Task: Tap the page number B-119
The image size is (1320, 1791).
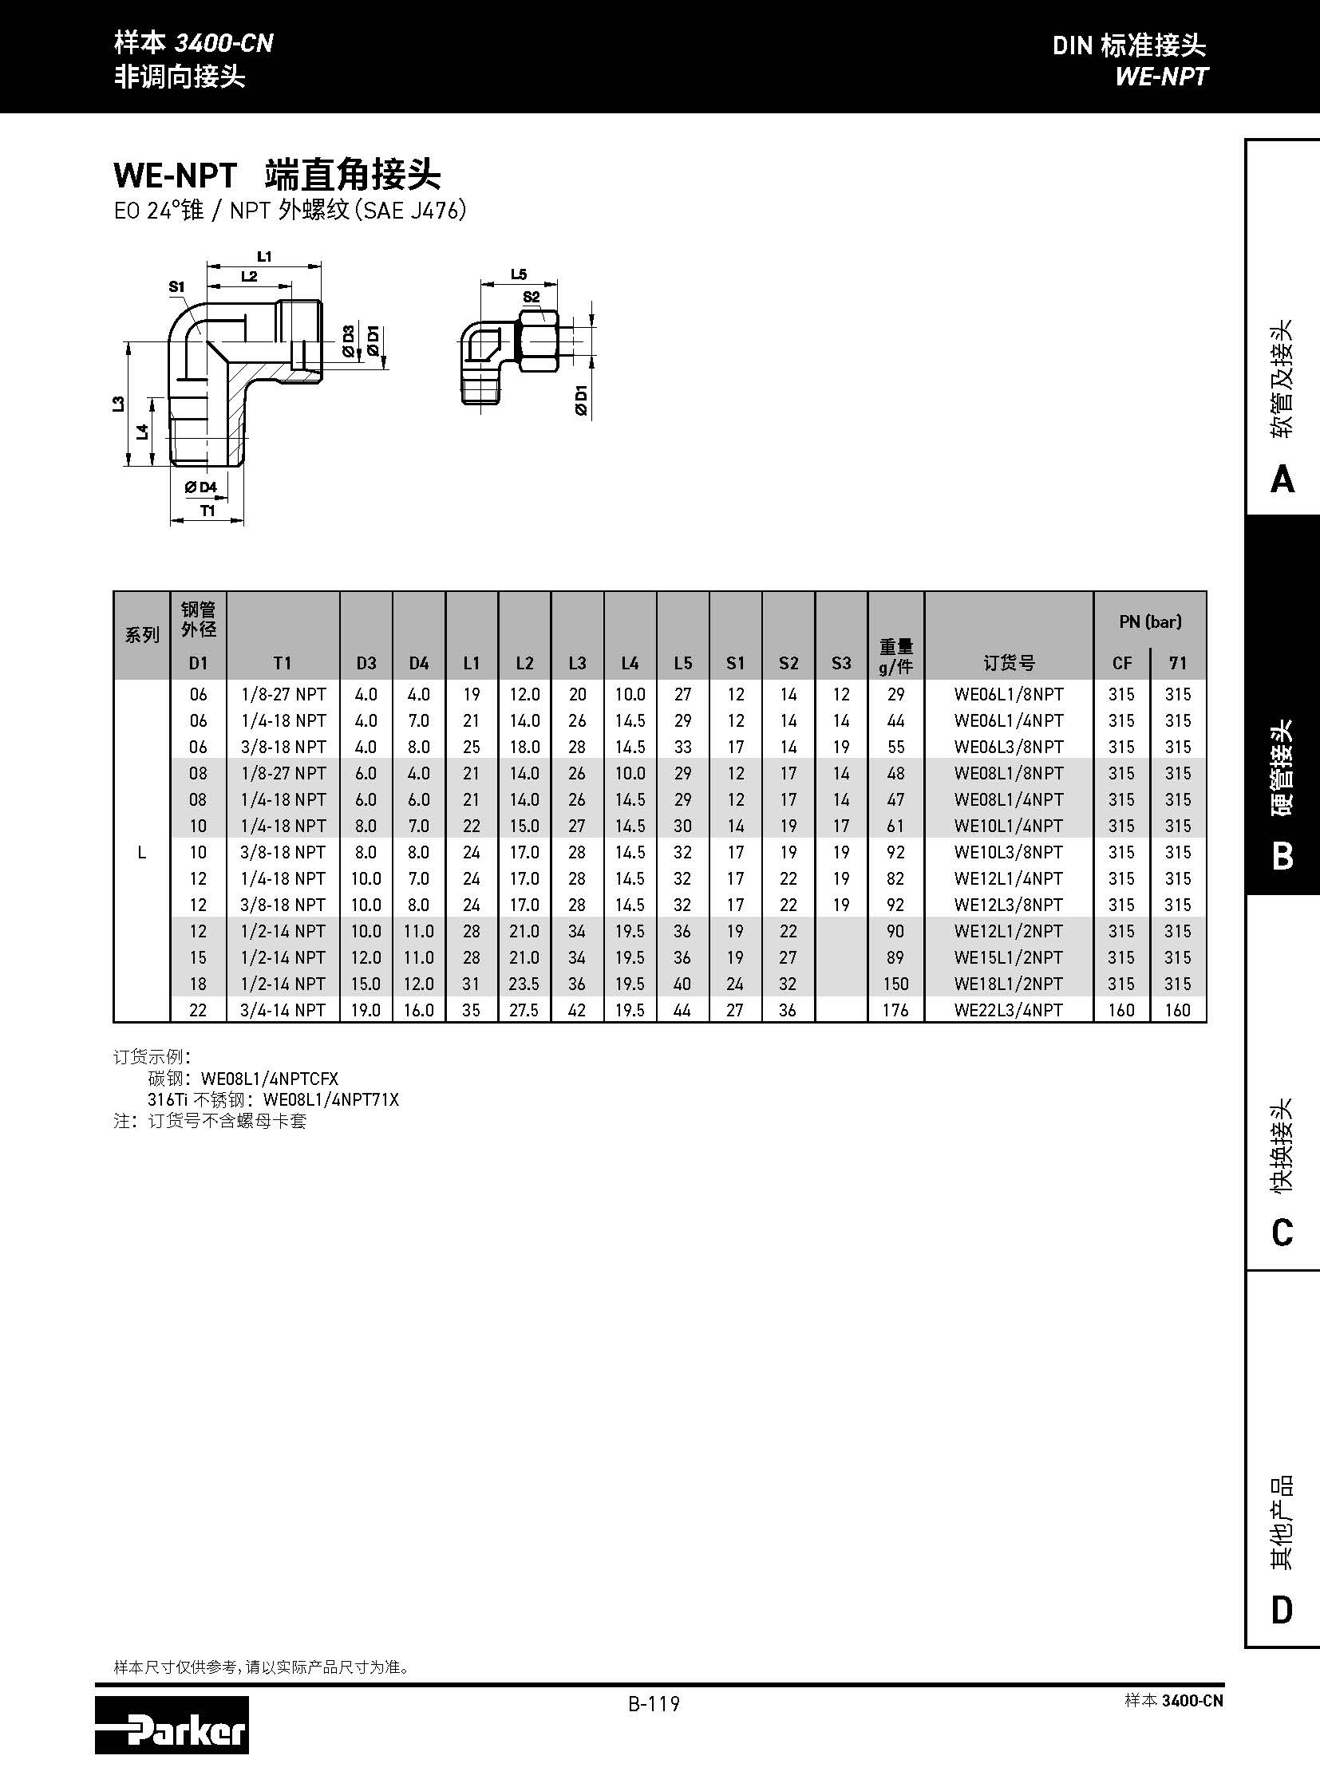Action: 653,1704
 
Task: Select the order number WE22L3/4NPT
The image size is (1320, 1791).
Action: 1008,1010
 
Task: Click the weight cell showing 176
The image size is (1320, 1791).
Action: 895,1010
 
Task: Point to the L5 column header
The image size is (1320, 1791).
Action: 682,663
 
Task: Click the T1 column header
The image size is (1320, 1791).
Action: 282,663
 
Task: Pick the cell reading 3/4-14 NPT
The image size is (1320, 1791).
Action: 283,1010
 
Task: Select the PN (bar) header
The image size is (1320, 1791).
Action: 1149,621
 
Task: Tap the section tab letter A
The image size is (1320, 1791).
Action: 1282,479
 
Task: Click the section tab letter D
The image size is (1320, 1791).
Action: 1282,1610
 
